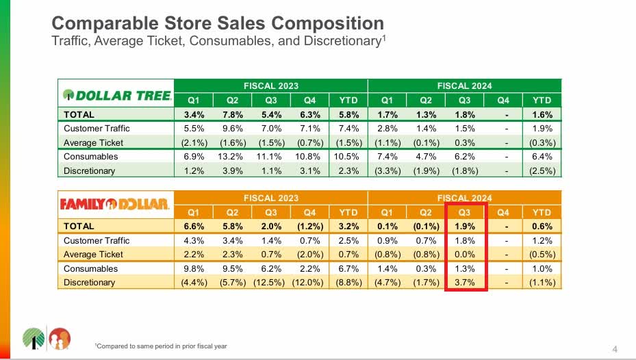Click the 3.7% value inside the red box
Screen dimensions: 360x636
click(466, 282)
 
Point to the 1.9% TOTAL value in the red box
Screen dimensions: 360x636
click(466, 226)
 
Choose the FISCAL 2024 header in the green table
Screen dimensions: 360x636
click(464, 86)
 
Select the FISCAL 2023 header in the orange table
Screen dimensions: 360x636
click(271, 198)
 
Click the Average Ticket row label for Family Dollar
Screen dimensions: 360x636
click(93, 255)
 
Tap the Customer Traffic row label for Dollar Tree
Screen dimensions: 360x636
click(97, 129)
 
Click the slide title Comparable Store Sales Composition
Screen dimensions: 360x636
click(218, 23)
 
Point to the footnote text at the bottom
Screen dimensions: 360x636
click(161, 346)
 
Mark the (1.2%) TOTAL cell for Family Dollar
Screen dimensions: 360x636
click(309, 226)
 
